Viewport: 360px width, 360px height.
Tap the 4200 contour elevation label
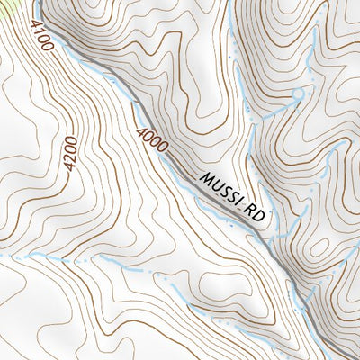(70, 154)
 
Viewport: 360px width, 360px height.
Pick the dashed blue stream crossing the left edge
(18, 256)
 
